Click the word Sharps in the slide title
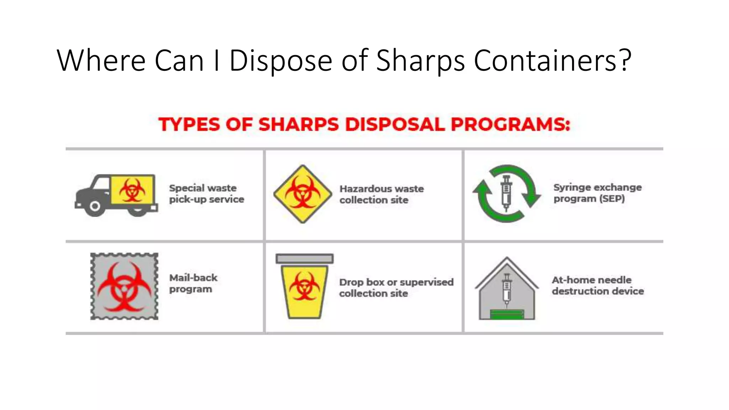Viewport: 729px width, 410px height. [420, 61]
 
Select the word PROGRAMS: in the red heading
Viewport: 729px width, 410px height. [510, 125]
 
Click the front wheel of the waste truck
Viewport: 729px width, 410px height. [95, 206]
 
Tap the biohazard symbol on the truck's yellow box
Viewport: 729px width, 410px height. [132, 190]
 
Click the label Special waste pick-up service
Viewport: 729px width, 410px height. [206, 194]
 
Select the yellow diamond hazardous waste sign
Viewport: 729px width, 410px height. [303, 194]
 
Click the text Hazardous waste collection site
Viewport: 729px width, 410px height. [381, 194]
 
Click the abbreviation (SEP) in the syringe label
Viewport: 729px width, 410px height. [612, 199]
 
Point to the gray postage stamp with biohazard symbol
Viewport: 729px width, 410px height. [124, 286]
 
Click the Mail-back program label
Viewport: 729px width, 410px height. [193, 283]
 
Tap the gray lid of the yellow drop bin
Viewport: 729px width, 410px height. [304, 258]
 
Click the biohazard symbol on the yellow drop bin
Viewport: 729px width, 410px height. [304, 287]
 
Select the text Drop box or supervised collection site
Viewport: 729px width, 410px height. [396, 288]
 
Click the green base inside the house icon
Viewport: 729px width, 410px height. [507, 314]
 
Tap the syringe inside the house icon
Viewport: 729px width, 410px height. [507, 288]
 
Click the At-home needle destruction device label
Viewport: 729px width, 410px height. [597, 285]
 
